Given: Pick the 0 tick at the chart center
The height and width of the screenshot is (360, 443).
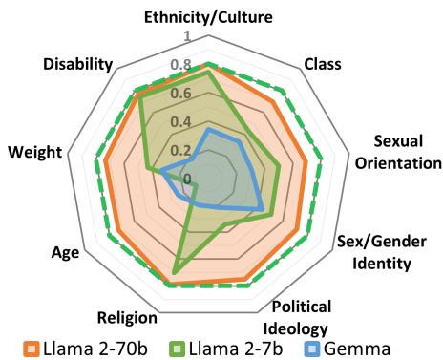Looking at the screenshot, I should [x=186, y=179].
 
